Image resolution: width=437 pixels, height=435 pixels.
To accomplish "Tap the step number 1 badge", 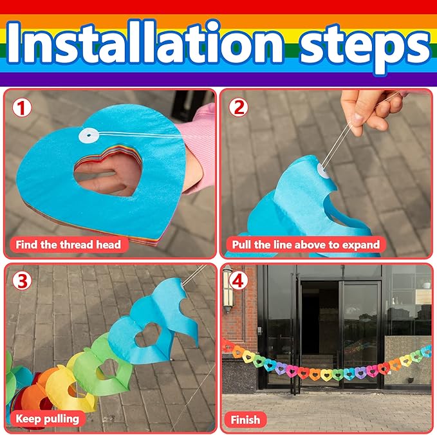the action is [21, 108].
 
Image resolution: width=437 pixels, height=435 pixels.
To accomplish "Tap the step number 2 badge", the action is [238, 107].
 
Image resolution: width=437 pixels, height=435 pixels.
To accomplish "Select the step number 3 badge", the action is [22, 281].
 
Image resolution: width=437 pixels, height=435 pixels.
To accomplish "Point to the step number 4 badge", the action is [237, 281].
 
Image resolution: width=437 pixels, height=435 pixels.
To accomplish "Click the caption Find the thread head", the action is [68, 245].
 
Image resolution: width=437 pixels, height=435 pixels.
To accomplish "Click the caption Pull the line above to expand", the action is [306, 245].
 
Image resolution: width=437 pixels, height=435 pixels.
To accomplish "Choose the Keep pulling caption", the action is [47, 419].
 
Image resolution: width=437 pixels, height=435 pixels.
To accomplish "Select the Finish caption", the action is [245, 420].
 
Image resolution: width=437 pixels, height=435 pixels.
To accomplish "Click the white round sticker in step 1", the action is [89, 135].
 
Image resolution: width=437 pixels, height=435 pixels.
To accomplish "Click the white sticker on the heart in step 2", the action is [324, 171].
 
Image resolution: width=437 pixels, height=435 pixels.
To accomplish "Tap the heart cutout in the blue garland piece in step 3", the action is [148, 335].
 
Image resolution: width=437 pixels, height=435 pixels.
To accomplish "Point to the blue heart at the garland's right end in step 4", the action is [427, 351].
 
